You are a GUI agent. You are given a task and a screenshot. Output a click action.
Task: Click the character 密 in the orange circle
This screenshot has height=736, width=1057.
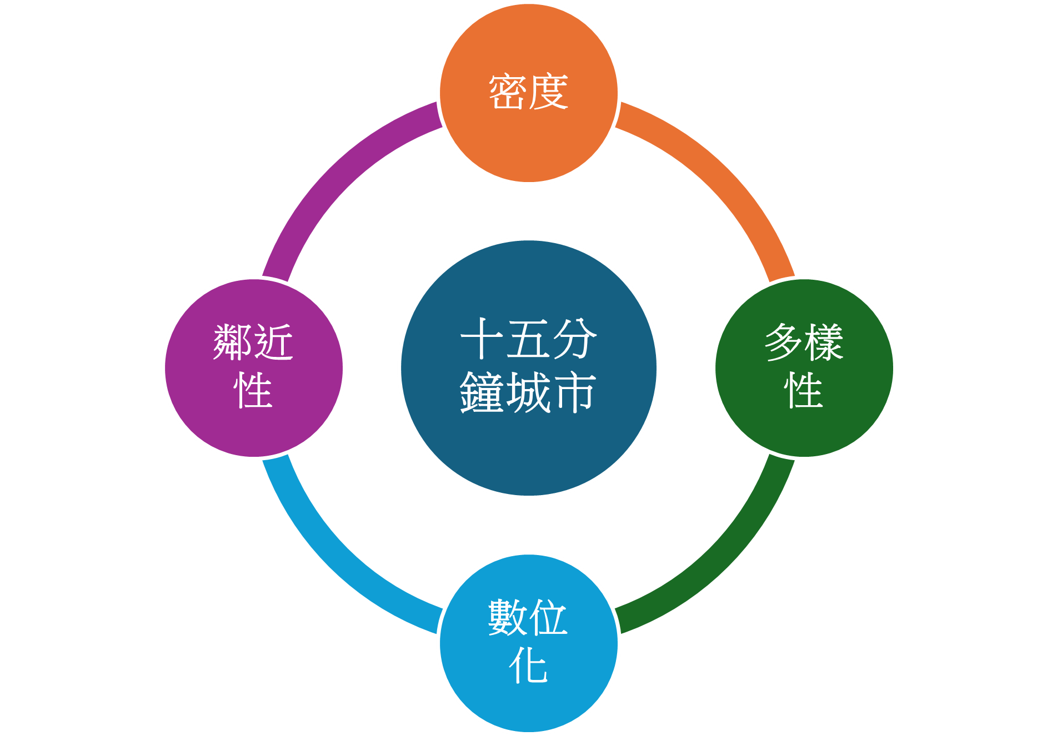pos(508,92)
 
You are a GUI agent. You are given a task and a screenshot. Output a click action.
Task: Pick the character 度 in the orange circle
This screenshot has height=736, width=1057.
pos(549,92)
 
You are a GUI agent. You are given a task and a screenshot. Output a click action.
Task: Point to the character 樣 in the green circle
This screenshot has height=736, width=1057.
pos(824,342)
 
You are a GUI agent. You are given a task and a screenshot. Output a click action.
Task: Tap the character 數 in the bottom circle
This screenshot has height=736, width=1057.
pos(508,618)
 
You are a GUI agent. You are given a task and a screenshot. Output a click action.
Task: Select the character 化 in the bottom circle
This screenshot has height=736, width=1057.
pos(528,666)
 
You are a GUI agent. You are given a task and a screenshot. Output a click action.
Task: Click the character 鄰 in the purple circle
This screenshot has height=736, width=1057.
pos(233,342)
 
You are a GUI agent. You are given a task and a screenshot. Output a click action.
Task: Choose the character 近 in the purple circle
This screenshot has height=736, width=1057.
pos(274,342)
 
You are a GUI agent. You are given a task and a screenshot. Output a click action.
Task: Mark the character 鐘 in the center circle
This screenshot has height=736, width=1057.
pos(482,392)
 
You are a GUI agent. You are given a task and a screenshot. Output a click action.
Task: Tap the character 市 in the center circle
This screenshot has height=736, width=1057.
pos(575,392)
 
